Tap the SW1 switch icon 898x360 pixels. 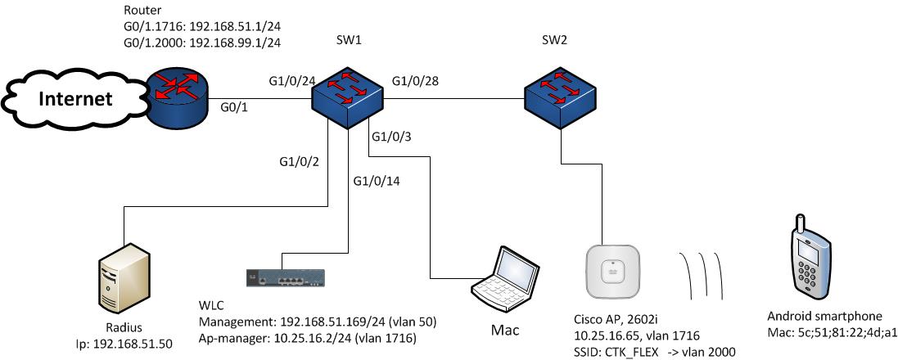click(x=348, y=97)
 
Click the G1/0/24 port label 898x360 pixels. click(x=292, y=81)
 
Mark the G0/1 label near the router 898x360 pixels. click(x=236, y=106)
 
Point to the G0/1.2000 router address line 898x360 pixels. click(x=203, y=41)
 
